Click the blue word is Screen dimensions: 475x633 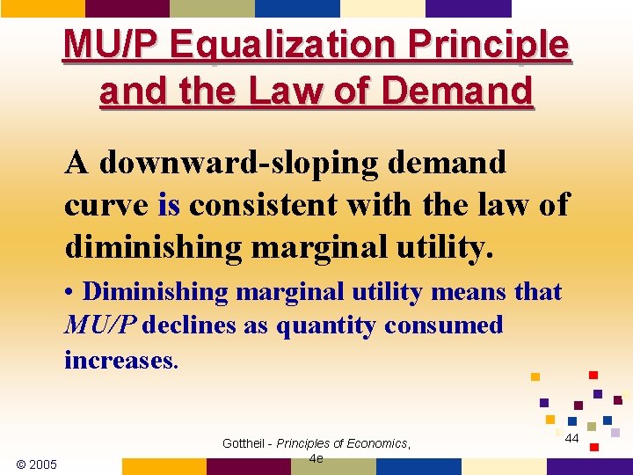click(x=169, y=205)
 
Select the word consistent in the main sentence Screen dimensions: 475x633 click(x=267, y=205)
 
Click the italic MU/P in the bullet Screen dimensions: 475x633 click(x=100, y=325)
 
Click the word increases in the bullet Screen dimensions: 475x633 click(x=120, y=359)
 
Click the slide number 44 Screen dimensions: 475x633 click(x=571, y=438)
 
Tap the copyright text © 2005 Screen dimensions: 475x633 click(x=36, y=464)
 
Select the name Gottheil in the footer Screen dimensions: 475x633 click(x=244, y=443)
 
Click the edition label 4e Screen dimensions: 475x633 click(x=316, y=458)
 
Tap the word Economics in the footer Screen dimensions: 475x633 click(x=373, y=443)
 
